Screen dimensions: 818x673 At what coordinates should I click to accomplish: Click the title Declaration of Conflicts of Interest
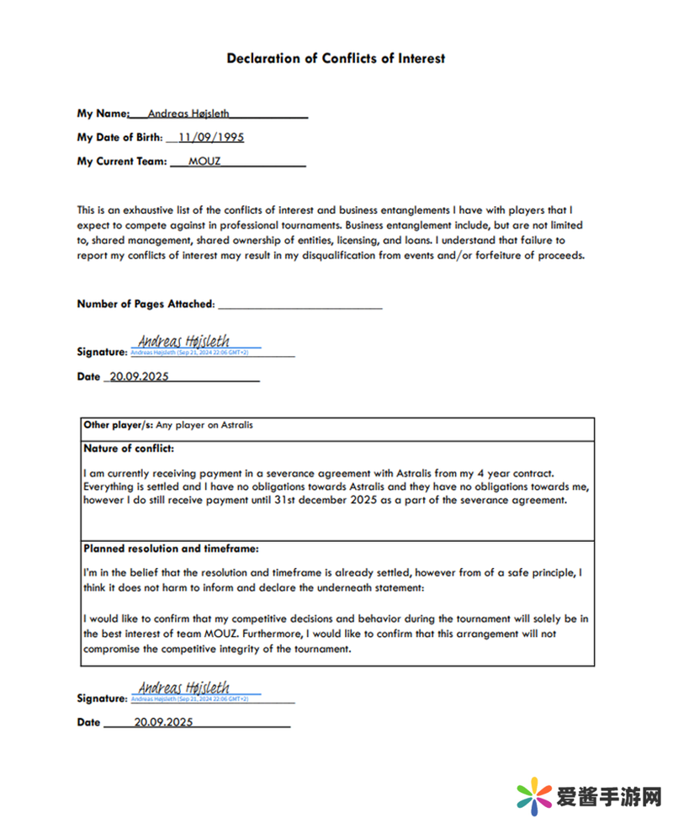pyautogui.click(x=336, y=58)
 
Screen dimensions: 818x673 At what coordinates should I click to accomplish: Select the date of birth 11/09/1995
pyautogui.click(x=211, y=137)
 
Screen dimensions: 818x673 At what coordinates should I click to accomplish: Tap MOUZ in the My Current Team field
pyautogui.click(x=205, y=161)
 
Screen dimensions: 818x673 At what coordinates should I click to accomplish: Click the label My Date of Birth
pyautogui.click(x=119, y=137)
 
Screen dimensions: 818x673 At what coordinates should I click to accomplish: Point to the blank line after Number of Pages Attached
pyautogui.click(x=300, y=304)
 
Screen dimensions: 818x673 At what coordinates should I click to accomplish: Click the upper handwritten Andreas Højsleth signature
pyautogui.click(x=183, y=341)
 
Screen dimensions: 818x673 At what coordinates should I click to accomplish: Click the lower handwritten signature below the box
pyautogui.click(x=183, y=687)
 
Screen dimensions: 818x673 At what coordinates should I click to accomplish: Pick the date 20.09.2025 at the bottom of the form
pyautogui.click(x=163, y=721)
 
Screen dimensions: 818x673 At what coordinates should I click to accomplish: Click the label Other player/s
pyautogui.click(x=118, y=425)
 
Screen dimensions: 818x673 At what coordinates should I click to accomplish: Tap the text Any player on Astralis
pyautogui.click(x=204, y=425)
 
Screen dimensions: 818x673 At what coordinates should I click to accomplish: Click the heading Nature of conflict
pyautogui.click(x=129, y=448)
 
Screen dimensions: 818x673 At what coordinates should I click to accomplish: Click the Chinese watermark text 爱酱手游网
pyautogui.click(x=608, y=794)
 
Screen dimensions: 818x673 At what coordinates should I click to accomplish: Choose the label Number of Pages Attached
pyautogui.click(x=146, y=304)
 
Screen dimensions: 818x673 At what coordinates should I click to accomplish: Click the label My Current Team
pyautogui.click(x=122, y=161)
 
